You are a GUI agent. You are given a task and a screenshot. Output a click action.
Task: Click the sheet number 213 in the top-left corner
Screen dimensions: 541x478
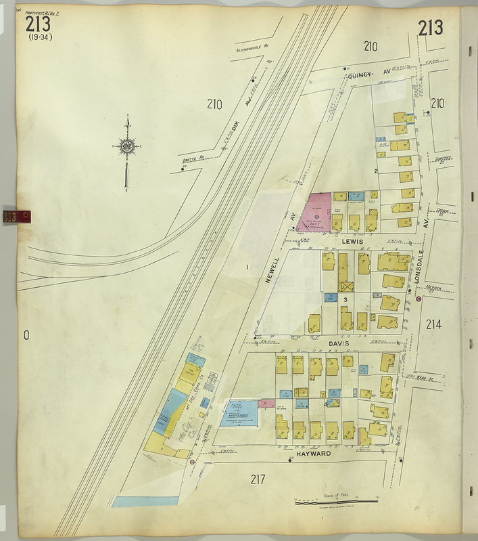[38, 24]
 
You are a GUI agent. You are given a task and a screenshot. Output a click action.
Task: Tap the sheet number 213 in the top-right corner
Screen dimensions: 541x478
[430, 28]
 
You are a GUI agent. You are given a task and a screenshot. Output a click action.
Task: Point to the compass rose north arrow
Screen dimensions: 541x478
[126, 146]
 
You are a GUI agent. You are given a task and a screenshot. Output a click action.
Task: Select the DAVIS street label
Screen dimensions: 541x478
[339, 344]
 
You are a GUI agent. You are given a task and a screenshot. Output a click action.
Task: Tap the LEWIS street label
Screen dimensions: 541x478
[353, 241]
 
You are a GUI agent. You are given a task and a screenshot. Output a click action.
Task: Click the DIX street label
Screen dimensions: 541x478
[235, 125]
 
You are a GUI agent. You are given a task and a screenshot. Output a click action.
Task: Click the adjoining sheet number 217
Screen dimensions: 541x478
[257, 479]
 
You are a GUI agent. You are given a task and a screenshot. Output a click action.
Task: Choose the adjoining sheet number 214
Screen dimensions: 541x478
[433, 324]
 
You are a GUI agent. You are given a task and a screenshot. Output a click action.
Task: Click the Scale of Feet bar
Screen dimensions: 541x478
[336, 501]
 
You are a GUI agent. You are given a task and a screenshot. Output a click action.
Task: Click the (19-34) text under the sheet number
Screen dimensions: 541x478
[40, 37]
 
